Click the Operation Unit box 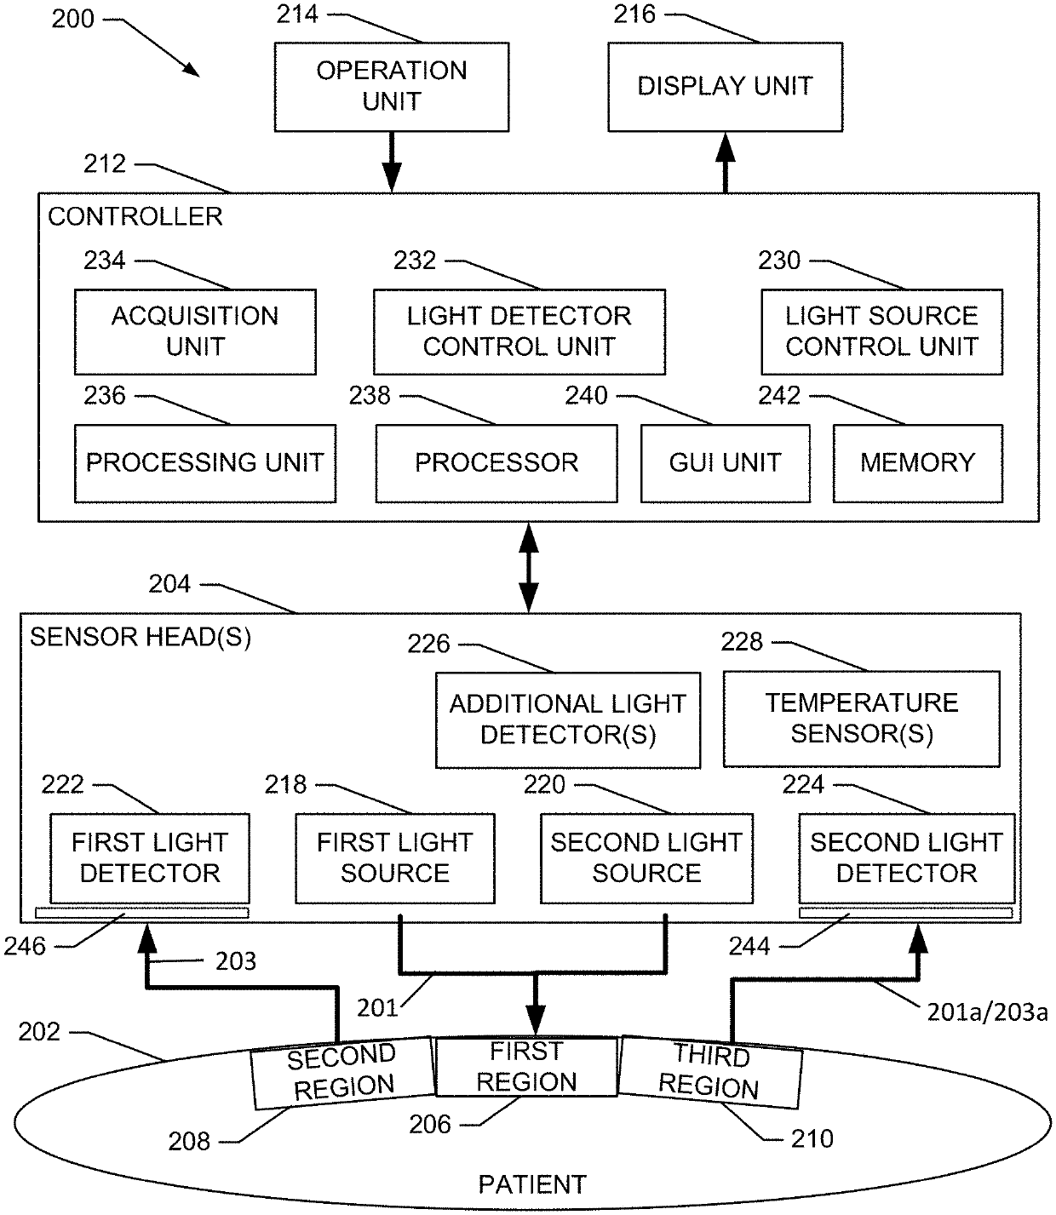coord(392,87)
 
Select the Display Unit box coord(725,87)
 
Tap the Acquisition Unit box coord(195,331)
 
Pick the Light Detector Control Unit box coord(519,331)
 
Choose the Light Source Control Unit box coord(882,331)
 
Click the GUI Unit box coord(726,463)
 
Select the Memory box coord(918,463)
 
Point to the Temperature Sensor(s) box coord(861,719)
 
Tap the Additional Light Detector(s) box coord(568,719)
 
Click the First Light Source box coord(395,858)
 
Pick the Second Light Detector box coord(906,858)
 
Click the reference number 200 coord(72,19)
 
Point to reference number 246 coord(25,947)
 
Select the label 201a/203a coord(987,1012)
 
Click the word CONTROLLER coord(135,216)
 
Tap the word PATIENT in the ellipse coord(532,1184)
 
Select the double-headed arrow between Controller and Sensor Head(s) coord(529,568)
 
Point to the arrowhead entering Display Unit coord(726,146)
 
